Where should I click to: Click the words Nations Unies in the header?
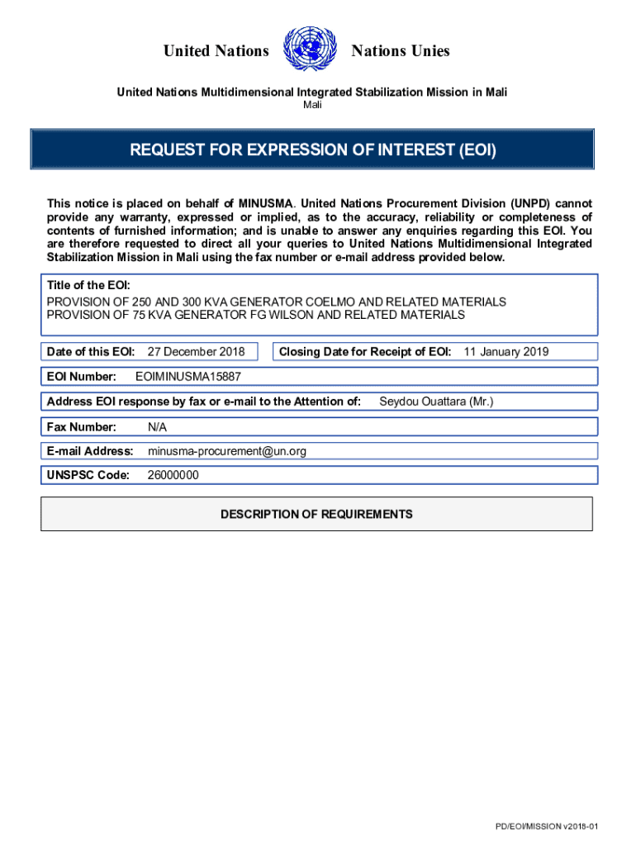pos(401,51)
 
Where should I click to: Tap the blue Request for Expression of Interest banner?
pos(312,150)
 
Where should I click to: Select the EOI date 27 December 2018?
pos(190,352)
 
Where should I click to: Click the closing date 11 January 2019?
pos(505,352)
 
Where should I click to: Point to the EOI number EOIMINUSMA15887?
pos(187,377)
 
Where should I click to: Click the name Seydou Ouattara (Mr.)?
pos(436,402)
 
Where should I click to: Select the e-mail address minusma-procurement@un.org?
pos(227,451)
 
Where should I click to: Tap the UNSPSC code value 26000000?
pos(173,475)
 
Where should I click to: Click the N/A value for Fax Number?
pos(158,427)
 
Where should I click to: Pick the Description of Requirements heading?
pos(316,514)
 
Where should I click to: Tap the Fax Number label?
pos(81,427)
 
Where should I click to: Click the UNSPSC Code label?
pos(88,475)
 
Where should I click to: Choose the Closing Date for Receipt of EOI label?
pos(365,352)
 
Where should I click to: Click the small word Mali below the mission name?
pos(312,105)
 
